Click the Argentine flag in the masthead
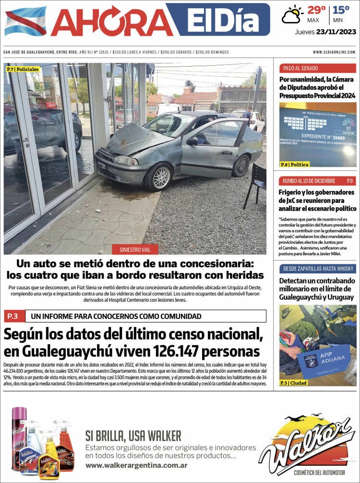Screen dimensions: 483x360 click(x=25, y=22)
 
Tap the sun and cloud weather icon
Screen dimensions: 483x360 click(x=292, y=14)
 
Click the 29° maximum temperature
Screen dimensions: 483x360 click(x=316, y=10)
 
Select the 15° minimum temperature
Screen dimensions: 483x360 click(x=341, y=10)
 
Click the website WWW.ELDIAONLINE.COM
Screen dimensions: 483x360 click(x=334, y=52)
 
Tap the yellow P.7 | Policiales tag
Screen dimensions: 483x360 click(x=23, y=70)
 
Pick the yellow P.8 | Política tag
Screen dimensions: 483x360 click(x=295, y=165)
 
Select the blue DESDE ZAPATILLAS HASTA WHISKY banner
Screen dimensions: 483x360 click(x=318, y=268)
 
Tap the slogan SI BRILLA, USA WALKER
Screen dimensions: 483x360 click(x=133, y=436)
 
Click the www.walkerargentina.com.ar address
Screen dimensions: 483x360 click(x=136, y=465)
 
